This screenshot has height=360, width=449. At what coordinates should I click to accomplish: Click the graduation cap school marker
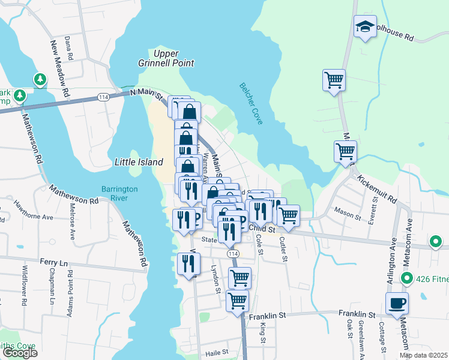click(x=365, y=27)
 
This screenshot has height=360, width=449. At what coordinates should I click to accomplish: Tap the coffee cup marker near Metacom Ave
click(x=397, y=303)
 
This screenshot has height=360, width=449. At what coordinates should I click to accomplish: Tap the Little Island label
click(x=139, y=162)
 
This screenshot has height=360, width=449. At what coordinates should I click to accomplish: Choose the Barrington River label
click(x=119, y=193)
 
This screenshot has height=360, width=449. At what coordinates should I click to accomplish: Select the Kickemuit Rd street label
click(x=376, y=188)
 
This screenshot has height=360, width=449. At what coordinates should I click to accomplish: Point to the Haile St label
click(x=217, y=352)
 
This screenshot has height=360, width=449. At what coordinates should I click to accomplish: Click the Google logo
click(x=20, y=353)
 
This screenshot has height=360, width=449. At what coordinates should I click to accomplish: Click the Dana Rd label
click(x=68, y=48)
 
